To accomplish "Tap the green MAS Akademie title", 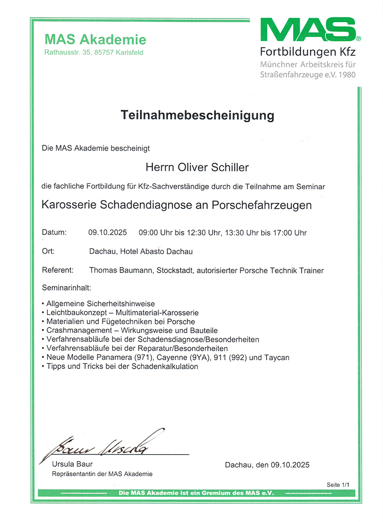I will pyautogui.click(x=95, y=40).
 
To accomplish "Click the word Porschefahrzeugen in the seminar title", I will pyautogui.click(x=262, y=205).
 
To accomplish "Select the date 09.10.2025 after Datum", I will pyautogui.click(x=108, y=233).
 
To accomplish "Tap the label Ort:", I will pyautogui.click(x=48, y=251).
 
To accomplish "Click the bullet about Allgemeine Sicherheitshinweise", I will pyautogui.click(x=100, y=304).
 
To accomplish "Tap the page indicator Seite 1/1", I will pyautogui.click(x=338, y=484).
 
